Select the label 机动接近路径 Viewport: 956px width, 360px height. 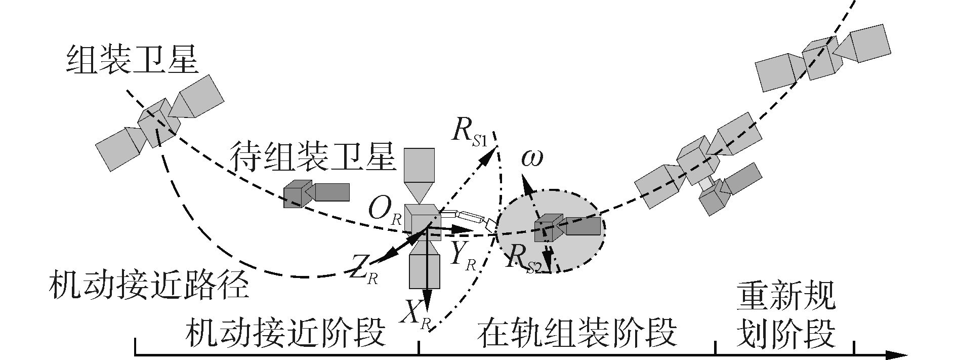(149, 287)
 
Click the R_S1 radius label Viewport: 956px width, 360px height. (469, 134)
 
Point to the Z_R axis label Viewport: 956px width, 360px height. (364, 273)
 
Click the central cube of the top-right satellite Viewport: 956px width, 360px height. (821, 57)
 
